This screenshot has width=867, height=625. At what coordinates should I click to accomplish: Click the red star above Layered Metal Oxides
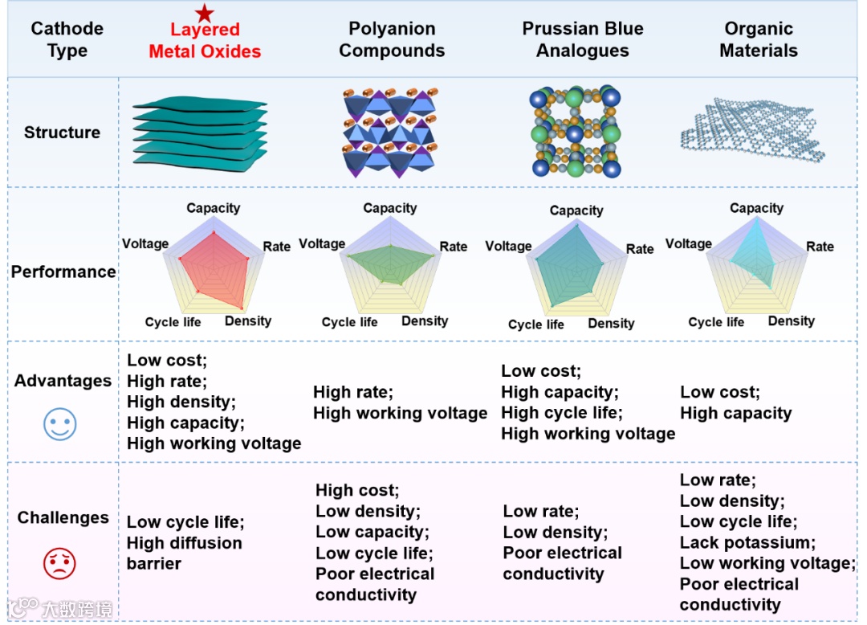[x=205, y=13]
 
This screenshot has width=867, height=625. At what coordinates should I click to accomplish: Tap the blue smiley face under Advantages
[x=59, y=423]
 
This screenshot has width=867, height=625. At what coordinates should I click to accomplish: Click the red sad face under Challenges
[x=59, y=563]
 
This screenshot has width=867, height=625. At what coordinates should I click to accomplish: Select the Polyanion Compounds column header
[x=392, y=40]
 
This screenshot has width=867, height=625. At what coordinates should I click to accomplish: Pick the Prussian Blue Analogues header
[x=583, y=40]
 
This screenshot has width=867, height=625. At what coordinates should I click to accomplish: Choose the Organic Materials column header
[x=759, y=40]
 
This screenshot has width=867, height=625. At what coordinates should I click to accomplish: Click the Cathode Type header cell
[x=67, y=40]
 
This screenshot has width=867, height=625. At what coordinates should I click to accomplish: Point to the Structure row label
[x=62, y=133]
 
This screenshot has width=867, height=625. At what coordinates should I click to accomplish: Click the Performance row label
[x=63, y=272]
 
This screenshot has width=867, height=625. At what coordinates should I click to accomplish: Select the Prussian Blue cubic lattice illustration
[x=575, y=133]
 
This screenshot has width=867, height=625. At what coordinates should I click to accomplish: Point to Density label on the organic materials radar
[x=791, y=321]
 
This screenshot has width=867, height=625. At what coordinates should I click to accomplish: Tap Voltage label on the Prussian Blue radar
[x=508, y=246]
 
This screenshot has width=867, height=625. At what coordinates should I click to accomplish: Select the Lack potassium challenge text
[x=747, y=542]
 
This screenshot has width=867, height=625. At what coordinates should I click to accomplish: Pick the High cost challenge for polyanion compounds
[x=356, y=490]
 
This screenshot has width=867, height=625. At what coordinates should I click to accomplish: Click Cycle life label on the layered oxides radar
[x=173, y=322]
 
